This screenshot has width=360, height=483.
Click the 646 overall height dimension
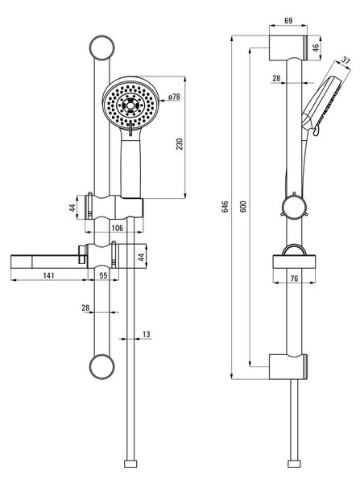pos(225,206)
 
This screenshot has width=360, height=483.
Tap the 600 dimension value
pos(243,206)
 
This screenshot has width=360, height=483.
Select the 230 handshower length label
pos(180,144)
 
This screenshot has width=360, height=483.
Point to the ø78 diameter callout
pos(174,97)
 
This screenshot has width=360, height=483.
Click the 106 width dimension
pos(117,228)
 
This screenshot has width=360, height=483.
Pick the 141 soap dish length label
pos(48,275)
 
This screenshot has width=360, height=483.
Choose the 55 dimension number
pos(103,275)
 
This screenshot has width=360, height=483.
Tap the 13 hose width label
pos(147,334)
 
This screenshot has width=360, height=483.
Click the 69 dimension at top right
pos(288,21)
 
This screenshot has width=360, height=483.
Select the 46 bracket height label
pos(316,47)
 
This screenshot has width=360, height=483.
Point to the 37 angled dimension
pos(346,60)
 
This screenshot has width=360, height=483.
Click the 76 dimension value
pos(294,279)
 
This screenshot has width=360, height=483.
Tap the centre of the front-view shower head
pos(130,105)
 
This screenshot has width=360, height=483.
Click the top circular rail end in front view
pos(102,48)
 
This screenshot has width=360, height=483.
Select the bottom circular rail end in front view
pos(102,366)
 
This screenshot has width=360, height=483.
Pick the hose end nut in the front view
pos(130,464)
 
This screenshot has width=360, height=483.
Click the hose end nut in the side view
pos(294,464)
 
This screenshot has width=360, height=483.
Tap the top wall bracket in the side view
pos(288,48)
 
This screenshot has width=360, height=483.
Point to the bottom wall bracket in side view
pos(288,366)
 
